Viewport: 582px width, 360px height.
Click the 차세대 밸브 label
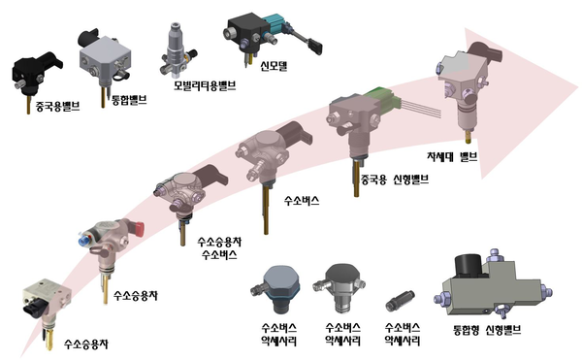coord(453,157)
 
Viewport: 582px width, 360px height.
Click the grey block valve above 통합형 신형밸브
coord(489,285)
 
